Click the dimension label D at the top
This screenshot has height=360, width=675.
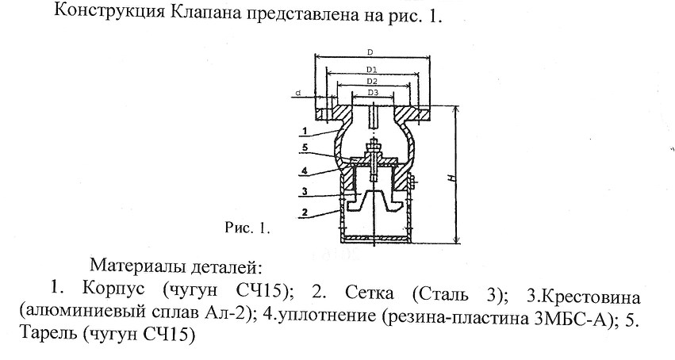click(x=370, y=52)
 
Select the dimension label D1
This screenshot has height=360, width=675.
click(x=372, y=69)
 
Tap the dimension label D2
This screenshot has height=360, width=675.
click(x=372, y=81)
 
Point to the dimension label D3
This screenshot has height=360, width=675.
click(x=373, y=93)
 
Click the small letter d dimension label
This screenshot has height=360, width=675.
click(x=298, y=93)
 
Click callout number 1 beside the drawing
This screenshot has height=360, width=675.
click(x=305, y=131)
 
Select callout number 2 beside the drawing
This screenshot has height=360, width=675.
click(x=305, y=212)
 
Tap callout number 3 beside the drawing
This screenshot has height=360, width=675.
click(x=305, y=191)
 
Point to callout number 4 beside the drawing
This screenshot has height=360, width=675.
click(x=305, y=170)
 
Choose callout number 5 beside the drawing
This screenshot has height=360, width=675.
click(x=305, y=147)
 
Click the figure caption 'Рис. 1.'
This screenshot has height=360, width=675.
click(x=247, y=228)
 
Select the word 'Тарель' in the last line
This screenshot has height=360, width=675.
click(x=48, y=333)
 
